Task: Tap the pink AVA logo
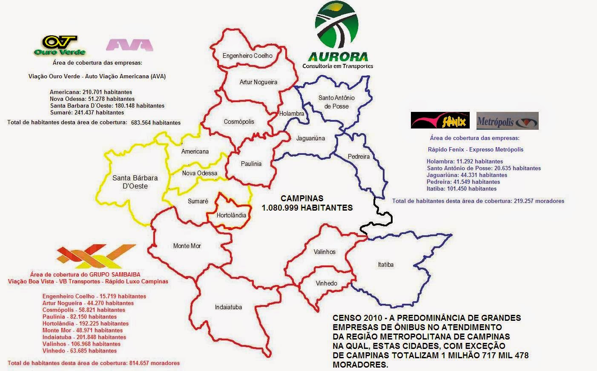129,45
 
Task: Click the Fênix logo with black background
440,120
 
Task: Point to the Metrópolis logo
507,121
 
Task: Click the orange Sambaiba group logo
96,256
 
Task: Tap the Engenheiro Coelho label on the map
247,56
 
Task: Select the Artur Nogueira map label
258,82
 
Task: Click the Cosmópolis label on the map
239,122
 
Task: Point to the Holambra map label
292,114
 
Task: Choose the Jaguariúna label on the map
311,138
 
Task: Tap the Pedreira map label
359,157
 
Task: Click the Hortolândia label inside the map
231,215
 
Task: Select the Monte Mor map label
187,246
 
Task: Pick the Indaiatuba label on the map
228,307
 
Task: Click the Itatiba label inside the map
385,265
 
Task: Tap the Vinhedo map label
326,283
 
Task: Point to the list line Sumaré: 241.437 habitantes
87,113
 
